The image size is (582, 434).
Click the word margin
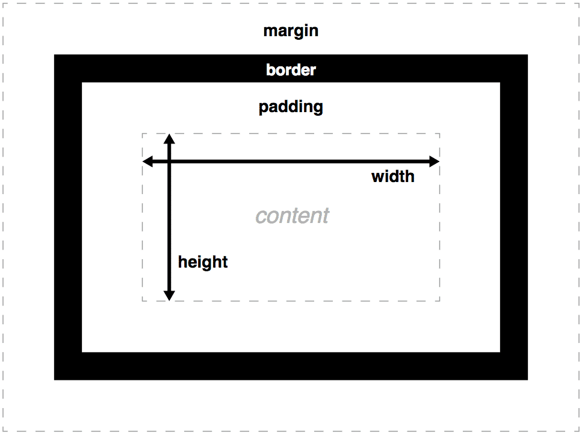tap(291, 31)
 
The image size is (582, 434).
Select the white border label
tap(291, 70)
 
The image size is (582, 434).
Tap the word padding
tap(291, 107)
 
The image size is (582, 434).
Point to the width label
tap(392, 177)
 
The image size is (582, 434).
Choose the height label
tap(203, 262)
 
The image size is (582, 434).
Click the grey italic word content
tap(293, 216)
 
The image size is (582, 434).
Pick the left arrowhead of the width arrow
tap(146, 162)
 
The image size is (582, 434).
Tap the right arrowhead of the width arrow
tap(436, 162)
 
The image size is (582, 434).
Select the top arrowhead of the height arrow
tap(170, 138)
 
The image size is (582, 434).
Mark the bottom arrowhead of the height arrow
tap(170, 296)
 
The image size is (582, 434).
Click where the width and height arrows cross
tap(170, 162)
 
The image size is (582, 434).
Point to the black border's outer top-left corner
tap(55, 55)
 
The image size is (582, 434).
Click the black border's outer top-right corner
tap(527, 55)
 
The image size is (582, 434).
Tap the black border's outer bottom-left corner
tap(55, 379)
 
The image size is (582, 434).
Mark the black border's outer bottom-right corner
tap(527, 379)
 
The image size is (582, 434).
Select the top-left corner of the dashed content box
tap(143, 134)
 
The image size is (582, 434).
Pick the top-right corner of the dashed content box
tap(439, 134)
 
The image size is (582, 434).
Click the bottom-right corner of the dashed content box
tap(439, 301)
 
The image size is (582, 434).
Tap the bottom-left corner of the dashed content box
tap(143, 301)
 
